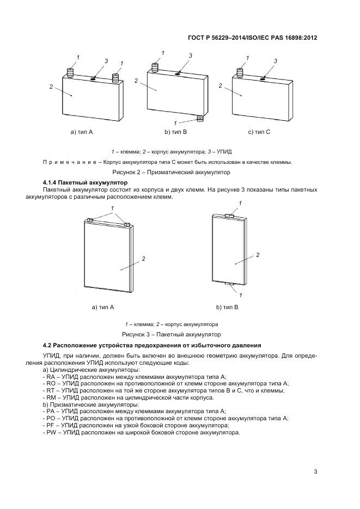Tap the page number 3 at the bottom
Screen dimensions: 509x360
pyautogui.click(x=315, y=471)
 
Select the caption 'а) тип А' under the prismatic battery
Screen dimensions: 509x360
pyautogui.click(x=82, y=132)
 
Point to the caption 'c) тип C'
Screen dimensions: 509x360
pyautogui.click(x=259, y=132)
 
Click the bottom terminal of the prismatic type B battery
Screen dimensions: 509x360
pyautogui.click(x=200, y=118)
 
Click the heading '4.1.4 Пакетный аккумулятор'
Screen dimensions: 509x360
pyautogui.click(x=84, y=182)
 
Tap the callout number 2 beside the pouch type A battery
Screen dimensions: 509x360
pyautogui.click(x=144, y=259)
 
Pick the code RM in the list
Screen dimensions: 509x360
pyautogui.click(x=51, y=398)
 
